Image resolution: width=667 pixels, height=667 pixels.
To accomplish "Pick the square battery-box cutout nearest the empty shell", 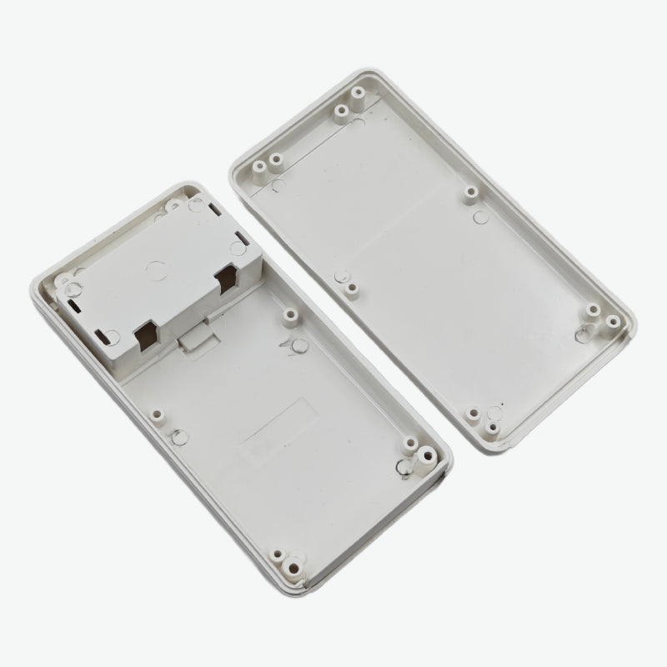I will coord(228,281).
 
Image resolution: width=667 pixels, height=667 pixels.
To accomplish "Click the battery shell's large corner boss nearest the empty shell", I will coord(424,454).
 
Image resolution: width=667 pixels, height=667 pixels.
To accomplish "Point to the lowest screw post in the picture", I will coord(294,566).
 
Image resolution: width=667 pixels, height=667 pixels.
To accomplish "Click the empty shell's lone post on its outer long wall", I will coord(471,193).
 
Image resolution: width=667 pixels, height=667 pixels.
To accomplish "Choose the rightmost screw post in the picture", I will coord(612,321).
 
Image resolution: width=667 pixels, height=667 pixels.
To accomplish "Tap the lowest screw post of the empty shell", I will coord(493,429).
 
